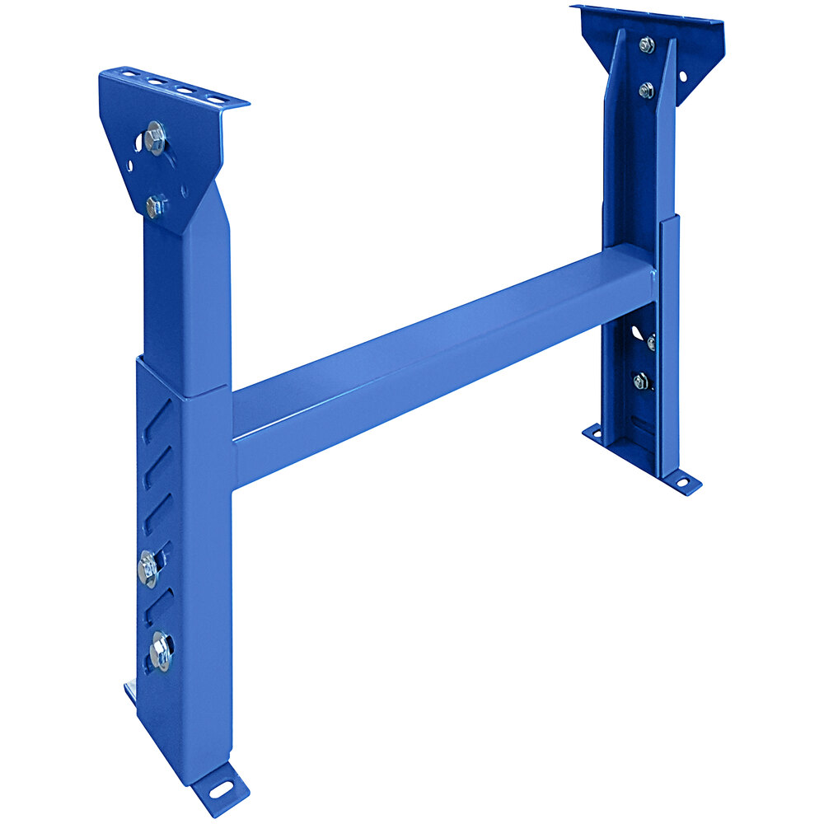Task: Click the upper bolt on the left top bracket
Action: [x=154, y=138]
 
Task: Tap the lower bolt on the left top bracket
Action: [x=154, y=205]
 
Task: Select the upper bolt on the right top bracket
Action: [x=647, y=45]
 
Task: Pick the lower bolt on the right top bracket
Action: [x=646, y=90]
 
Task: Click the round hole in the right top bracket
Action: [x=682, y=76]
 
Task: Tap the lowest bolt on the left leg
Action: [x=160, y=652]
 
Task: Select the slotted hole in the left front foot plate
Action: [x=220, y=789]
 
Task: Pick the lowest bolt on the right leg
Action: [x=641, y=381]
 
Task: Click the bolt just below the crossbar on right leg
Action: [x=651, y=342]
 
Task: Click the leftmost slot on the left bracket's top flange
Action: [x=128, y=74]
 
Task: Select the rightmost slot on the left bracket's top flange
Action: [x=216, y=100]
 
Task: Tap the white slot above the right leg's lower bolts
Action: [x=635, y=331]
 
